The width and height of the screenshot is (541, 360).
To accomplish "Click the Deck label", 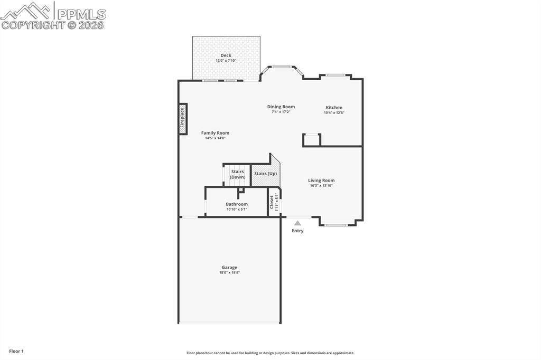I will point(226,55).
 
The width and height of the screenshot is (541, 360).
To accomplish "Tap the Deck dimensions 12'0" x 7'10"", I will point(226,61).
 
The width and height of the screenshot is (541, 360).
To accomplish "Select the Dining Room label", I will point(281,107).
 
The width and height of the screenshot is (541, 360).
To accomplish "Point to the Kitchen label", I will point(334,108).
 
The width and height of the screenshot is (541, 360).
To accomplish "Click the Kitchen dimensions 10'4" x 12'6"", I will point(334,112).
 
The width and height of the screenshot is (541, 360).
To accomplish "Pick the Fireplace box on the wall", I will point(183,118).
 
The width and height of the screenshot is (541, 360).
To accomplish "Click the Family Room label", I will point(216,133).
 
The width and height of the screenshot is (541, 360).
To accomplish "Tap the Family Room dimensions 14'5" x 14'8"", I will point(216,138).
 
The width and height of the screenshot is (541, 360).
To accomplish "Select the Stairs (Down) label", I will point(237,174).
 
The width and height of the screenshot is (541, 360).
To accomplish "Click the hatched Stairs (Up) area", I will point(265,174).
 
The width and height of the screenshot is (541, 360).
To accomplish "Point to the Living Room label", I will point(321,181).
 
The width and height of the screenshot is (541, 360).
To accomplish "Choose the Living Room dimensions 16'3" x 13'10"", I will point(321,186).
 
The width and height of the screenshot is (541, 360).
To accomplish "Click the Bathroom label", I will point(237,204).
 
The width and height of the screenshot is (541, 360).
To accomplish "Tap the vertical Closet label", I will point(272,202).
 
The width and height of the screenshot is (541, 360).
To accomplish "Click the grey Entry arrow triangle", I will point(297,223).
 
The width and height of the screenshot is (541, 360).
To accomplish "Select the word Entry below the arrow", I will point(297,231).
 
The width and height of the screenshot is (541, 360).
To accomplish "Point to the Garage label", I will point(229,268).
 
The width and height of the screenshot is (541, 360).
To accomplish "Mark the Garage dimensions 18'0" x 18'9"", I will point(229,273).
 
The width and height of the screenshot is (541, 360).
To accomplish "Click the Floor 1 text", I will point(16,351).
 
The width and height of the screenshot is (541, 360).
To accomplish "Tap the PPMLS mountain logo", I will point(26,11).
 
